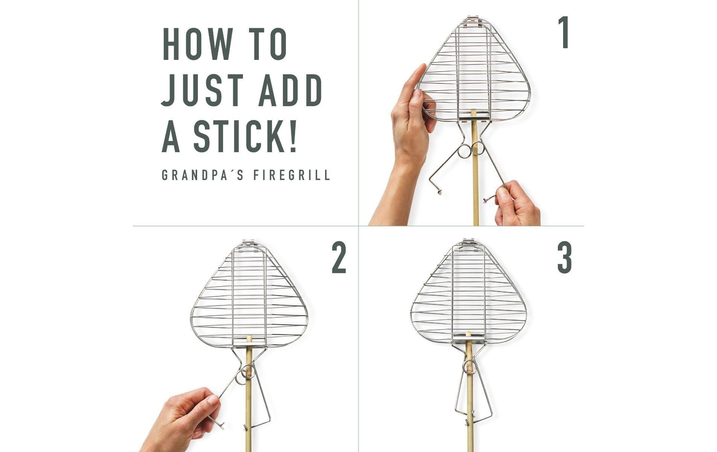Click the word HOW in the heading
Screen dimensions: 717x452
click(x=197, y=44)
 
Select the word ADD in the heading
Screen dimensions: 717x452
click(x=290, y=90)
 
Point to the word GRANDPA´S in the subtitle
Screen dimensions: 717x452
click(x=202, y=175)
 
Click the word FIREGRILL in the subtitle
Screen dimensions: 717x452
click(x=292, y=175)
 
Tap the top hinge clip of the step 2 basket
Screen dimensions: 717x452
click(x=248, y=244)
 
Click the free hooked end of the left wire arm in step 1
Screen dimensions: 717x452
click(x=439, y=192)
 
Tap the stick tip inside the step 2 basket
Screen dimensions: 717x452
click(x=248, y=338)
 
